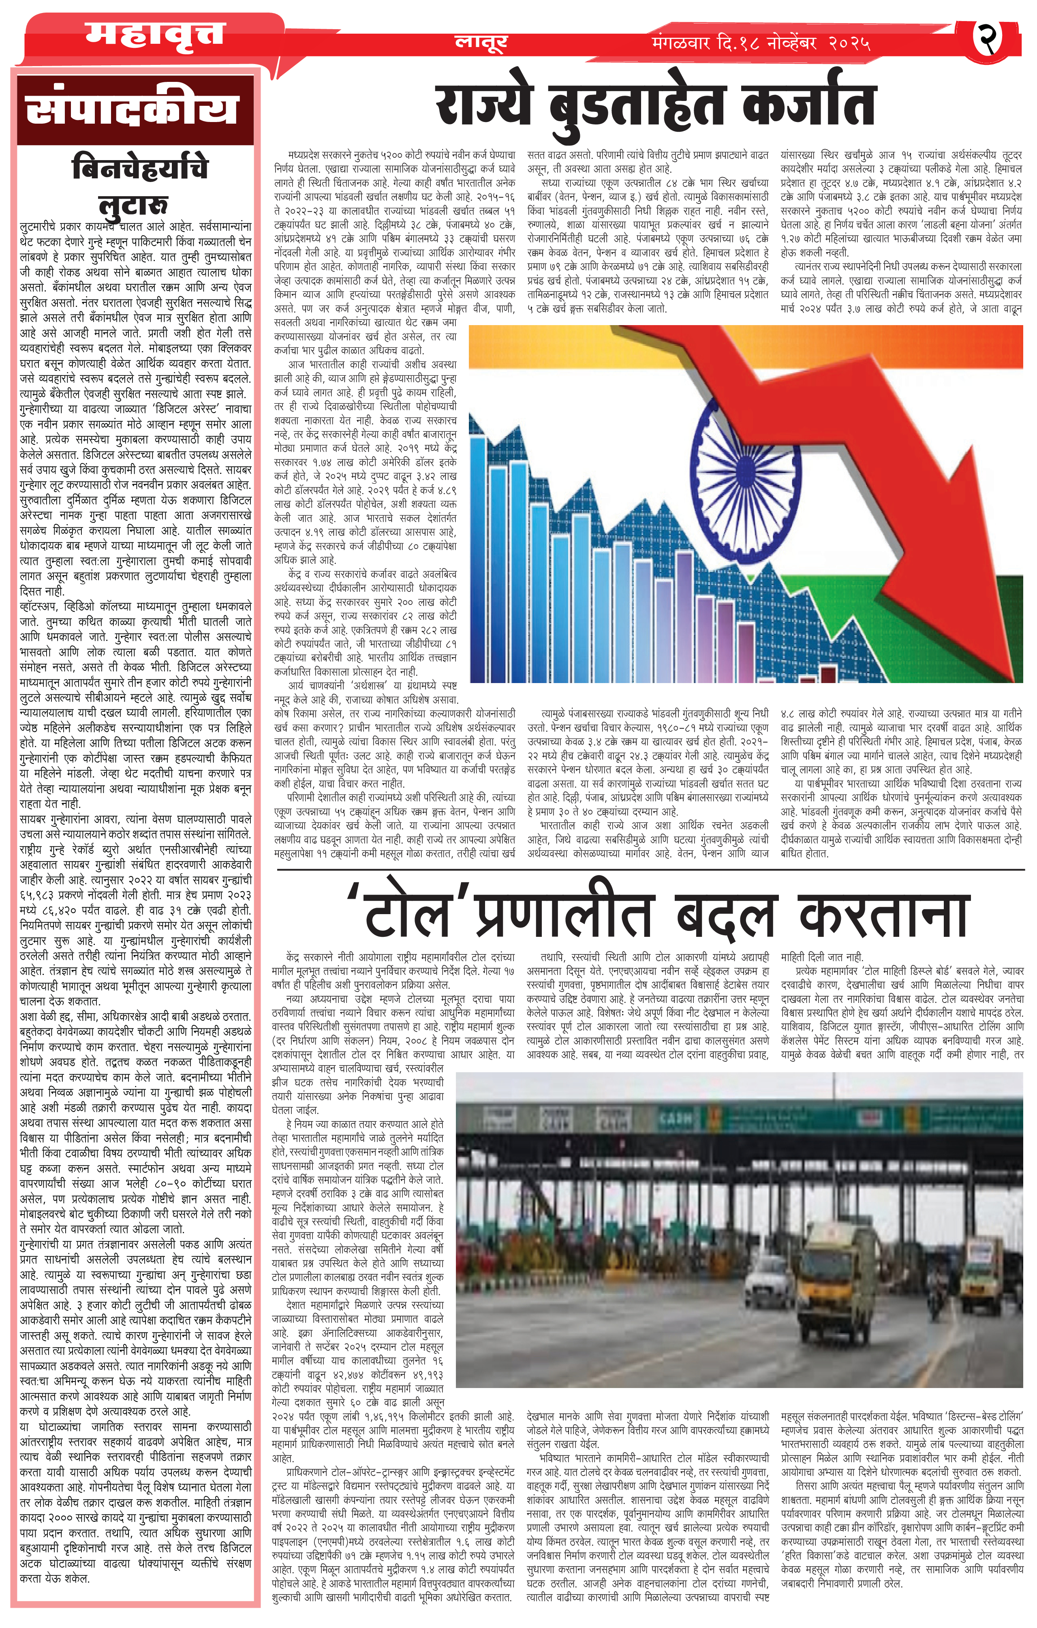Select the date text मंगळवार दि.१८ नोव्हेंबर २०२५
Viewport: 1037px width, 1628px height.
[761, 43]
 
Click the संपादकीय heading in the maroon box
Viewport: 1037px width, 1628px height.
[133, 108]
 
